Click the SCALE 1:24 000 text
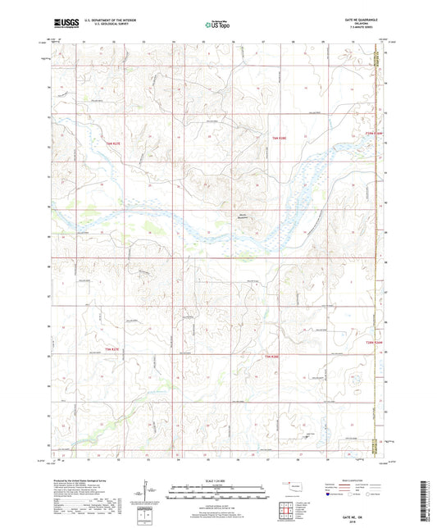click(217, 481)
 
